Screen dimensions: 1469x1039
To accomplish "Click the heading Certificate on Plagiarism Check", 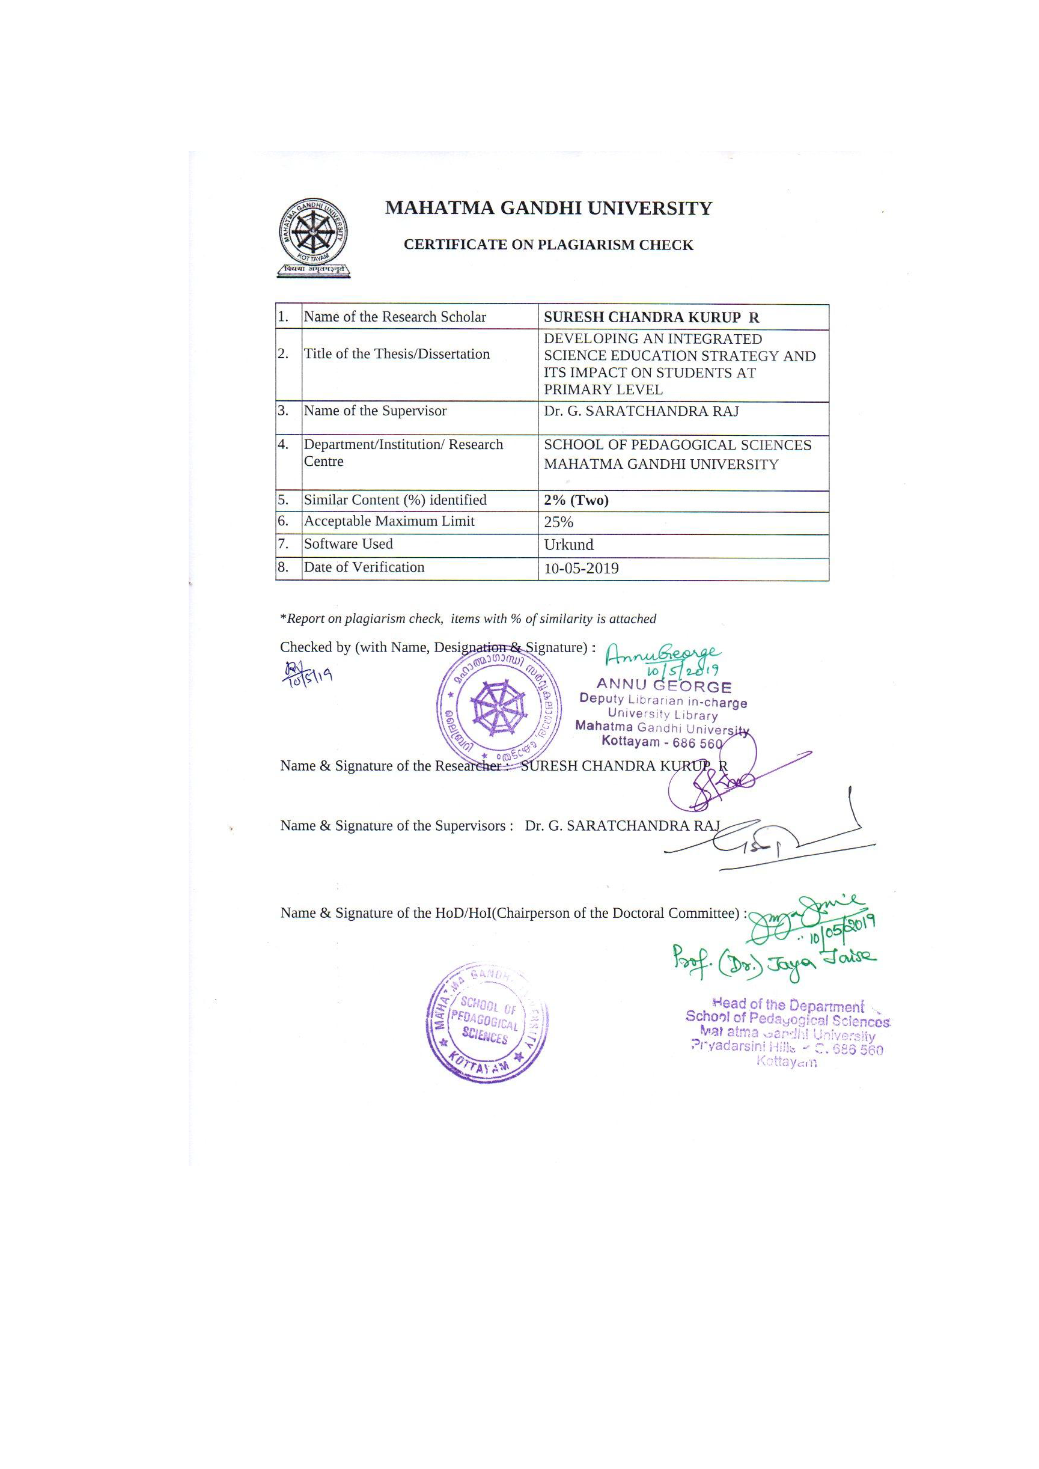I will [x=548, y=245].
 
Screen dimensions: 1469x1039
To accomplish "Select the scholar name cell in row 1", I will [x=651, y=317].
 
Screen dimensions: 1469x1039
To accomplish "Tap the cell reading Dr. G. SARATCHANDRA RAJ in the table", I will [x=641, y=411].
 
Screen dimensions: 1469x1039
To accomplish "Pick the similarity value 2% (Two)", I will [x=576, y=500].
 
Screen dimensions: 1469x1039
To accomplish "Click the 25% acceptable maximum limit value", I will [x=558, y=522].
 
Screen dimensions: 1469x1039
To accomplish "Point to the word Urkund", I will [x=568, y=545].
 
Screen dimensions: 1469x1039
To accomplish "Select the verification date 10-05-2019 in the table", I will [x=581, y=568].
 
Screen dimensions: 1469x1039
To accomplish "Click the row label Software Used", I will [x=348, y=544].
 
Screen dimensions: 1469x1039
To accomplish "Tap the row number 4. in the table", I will [x=284, y=444].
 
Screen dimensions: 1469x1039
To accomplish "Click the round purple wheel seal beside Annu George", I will [x=498, y=707].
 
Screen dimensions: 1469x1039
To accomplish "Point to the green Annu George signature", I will [x=662, y=655].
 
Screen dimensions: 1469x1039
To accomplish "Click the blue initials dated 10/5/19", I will [x=307, y=673].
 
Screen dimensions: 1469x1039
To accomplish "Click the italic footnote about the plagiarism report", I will [x=468, y=618].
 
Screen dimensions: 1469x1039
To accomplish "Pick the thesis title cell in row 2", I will [x=680, y=364].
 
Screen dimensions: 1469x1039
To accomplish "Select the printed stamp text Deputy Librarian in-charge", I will [x=663, y=701].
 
